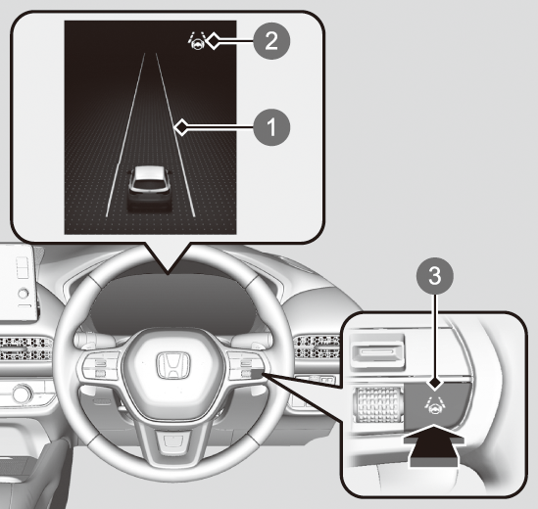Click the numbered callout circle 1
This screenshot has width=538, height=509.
tap(271, 127)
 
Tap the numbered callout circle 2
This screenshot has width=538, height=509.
tap(271, 41)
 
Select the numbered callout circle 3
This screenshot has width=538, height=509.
tap(435, 276)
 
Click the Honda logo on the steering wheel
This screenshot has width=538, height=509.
tap(172, 366)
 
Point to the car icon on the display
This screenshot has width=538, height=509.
tap(150, 188)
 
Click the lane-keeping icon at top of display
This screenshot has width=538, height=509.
tap(197, 41)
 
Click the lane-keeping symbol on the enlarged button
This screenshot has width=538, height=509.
tap(434, 405)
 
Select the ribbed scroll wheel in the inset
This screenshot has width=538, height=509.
tap(377, 405)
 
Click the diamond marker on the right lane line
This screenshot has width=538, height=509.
tap(181, 127)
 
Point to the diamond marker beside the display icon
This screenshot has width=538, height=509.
tap(214, 41)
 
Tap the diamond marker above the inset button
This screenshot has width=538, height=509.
tap(435, 383)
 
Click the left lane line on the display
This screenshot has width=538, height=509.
tap(125, 135)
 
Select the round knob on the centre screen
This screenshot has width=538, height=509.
tap(23, 294)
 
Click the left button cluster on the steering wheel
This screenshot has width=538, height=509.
tap(100, 366)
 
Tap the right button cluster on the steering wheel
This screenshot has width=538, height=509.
tap(245, 366)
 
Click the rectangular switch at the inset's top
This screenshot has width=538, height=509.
tap(376, 351)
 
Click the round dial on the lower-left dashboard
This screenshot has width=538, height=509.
tap(23, 393)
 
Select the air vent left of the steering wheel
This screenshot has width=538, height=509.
tap(26, 347)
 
